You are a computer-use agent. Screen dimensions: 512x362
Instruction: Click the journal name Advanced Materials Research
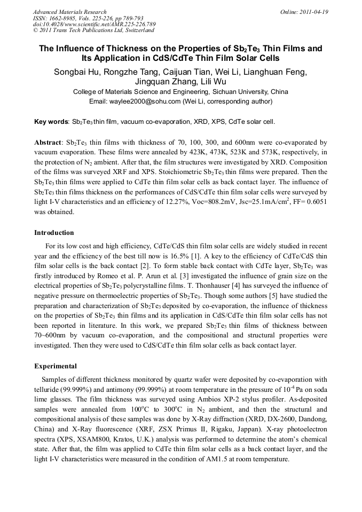coord(69,12)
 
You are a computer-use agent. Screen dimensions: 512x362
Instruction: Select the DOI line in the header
coord(94,24)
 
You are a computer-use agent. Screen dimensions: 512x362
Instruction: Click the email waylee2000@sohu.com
coord(136,101)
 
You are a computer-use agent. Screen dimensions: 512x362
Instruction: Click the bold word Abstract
coord(48,143)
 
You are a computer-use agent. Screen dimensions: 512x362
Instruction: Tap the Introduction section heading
coord(54,233)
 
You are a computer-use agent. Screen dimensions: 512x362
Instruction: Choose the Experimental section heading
coord(56,366)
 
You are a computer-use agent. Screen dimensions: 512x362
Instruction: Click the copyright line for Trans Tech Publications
coord(93,30)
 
